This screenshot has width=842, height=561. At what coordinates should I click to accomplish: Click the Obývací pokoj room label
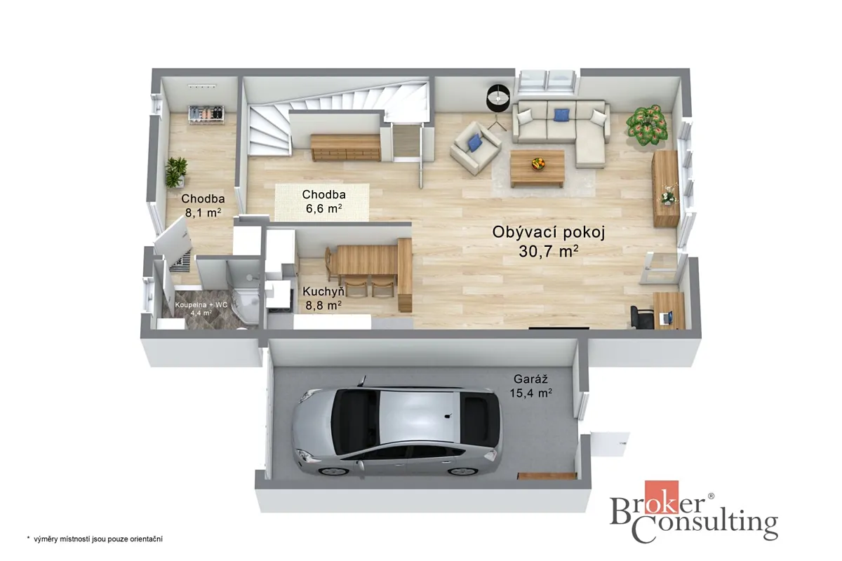(549, 233)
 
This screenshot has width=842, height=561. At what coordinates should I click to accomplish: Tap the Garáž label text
(530, 379)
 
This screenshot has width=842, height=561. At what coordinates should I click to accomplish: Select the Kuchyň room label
(323, 292)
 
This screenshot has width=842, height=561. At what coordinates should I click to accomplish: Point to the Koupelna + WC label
(201, 305)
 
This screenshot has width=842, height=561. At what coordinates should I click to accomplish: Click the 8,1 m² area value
(203, 212)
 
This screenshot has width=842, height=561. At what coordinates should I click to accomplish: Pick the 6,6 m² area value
(323, 208)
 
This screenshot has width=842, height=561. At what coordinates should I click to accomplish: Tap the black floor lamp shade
(498, 98)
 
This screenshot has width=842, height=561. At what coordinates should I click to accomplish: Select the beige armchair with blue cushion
(475, 148)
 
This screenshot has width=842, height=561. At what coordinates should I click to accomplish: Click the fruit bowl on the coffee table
(538, 163)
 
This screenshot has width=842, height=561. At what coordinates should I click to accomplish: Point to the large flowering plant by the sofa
(647, 125)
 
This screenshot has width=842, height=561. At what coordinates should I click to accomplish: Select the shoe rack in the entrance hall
(206, 114)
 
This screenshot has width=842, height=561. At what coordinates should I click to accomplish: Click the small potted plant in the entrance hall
(176, 172)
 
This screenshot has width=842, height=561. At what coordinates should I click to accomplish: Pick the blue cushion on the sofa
(561, 114)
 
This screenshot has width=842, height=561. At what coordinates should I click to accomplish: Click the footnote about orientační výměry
(95, 539)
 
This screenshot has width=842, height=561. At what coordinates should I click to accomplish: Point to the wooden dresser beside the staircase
(345, 148)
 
